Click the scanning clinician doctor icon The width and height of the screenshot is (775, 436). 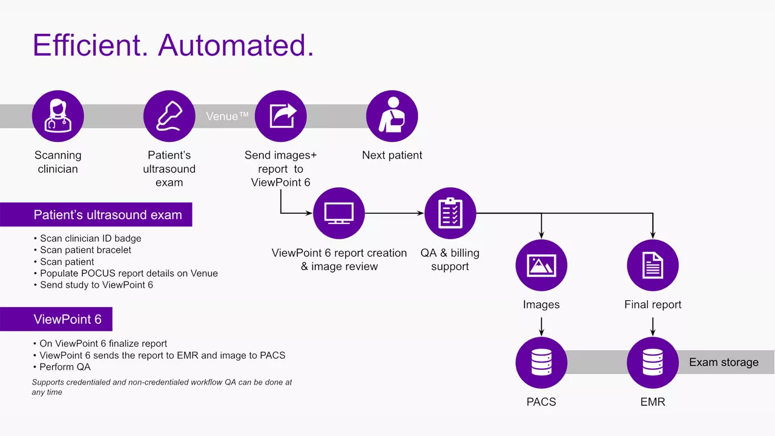pyautogui.click(x=58, y=116)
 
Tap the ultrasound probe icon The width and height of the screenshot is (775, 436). pyautogui.click(x=169, y=116)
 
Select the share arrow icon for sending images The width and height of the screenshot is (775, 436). pyautogui.click(x=280, y=116)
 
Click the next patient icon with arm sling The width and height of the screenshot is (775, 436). pyautogui.click(x=392, y=116)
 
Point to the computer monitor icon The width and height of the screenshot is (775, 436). pyautogui.click(x=338, y=213)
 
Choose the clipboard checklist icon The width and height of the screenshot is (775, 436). pyautogui.click(x=450, y=213)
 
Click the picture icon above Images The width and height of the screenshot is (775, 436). pyautogui.click(x=541, y=265)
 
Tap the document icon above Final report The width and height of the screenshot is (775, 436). pyautogui.click(x=653, y=265)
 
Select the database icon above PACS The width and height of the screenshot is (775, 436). pyautogui.click(x=541, y=363)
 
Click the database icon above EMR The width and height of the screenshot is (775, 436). pyautogui.click(x=653, y=363)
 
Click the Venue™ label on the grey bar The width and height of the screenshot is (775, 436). pyautogui.click(x=227, y=116)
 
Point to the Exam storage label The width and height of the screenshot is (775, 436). pyautogui.click(x=724, y=362)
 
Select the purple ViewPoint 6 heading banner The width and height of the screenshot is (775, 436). pyautogui.click(x=56, y=319)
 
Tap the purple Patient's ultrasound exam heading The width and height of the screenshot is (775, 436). pyautogui.click(x=96, y=214)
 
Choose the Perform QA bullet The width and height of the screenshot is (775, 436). pyautogui.click(x=62, y=367)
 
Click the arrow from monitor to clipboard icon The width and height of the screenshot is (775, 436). pyautogui.click(x=394, y=213)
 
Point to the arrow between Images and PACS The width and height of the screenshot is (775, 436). pyautogui.click(x=541, y=327)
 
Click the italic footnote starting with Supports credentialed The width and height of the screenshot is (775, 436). pyautogui.click(x=162, y=387)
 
